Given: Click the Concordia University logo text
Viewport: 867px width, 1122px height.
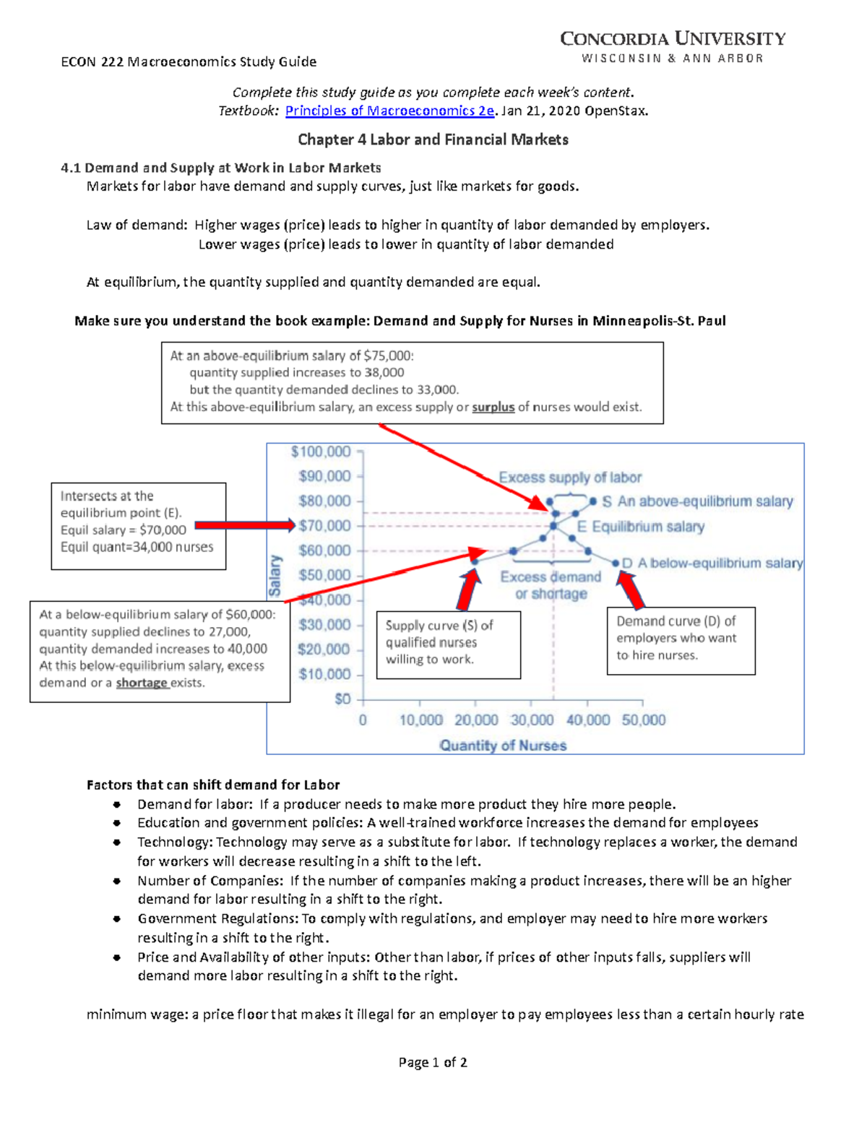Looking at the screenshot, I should tap(673, 39).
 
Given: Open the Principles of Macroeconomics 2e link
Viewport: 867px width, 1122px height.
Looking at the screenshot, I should tap(389, 111).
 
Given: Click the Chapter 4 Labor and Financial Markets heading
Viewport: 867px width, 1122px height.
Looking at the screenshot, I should tap(433, 139).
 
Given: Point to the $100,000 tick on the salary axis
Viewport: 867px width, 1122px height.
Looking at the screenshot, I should tap(321, 452).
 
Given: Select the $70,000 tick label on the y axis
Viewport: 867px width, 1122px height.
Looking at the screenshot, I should tap(324, 526).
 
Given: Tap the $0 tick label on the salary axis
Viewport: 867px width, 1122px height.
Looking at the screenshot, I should tap(342, 699).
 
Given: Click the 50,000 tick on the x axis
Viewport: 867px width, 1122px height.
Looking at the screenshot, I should tap(643, 720).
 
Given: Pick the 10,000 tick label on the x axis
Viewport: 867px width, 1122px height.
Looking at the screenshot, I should tap(420, 720).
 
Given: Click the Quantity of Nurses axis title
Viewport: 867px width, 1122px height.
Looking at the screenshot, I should tap(503, 746).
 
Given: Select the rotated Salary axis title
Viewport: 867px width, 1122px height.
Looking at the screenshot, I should tap(275, 575).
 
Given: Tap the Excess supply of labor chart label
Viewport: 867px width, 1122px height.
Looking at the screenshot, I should tap(570, 478).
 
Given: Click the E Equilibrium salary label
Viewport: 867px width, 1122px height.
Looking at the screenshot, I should tap(641, 527).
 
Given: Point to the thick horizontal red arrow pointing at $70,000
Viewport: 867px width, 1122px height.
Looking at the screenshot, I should tap(244, 525).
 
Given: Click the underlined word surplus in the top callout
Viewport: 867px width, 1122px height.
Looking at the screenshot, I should tap(493, 407).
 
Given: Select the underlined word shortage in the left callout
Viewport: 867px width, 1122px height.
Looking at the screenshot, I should tap(142, 683).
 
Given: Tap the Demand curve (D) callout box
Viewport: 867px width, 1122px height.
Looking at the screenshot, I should tap(680, 640).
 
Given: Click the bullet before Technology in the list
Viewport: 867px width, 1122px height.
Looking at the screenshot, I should tap(116, 842).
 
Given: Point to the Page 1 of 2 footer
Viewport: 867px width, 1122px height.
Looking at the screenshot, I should tap(433, 1062).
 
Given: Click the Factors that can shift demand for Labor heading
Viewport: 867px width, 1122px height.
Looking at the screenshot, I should tap(213, 785).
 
